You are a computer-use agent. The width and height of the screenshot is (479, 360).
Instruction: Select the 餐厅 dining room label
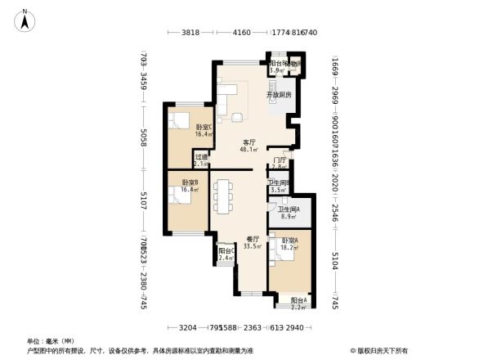click(252, 239)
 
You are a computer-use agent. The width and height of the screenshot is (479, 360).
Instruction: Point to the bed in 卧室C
click(179, 121)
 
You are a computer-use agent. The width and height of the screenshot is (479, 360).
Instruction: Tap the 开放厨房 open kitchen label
click(279, 96)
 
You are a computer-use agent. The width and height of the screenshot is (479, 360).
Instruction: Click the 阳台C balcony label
click(226, 251)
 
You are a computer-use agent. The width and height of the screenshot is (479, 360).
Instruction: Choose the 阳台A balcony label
click(299, 300)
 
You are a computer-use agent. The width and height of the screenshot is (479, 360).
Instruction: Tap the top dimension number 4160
click(241, 33)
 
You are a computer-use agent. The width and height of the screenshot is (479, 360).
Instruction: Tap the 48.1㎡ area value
click(248, 151)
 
